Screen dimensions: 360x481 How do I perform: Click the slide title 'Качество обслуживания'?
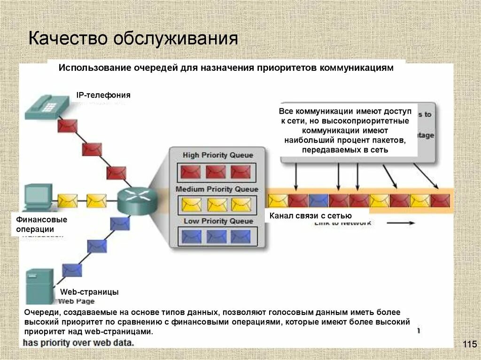click(x=132, y=38)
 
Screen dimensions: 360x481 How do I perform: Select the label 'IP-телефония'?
click(x=103, y=95)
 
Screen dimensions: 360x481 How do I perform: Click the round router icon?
click(x=137, y=200)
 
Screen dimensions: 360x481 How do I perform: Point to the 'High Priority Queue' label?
click(x=217, y=155)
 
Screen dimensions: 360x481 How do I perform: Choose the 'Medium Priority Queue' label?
click(x=217, y=189)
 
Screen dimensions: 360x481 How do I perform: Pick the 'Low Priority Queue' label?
click(x=218, y=221)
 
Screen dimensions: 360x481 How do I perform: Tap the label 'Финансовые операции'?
click(x=42, y=224)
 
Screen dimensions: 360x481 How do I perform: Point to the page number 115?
click(x=469, y=345)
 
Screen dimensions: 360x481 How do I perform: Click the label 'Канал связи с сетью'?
click(x=310, y=216)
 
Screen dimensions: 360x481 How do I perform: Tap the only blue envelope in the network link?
click(x=318, y=200)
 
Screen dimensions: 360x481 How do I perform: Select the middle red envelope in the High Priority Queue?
click(x=216, y=172)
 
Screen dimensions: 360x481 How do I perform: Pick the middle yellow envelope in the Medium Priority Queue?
click(x=217, y=204)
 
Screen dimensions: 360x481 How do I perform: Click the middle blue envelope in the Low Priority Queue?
click(x=217, y=236)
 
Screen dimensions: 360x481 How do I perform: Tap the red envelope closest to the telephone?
click(x=68, y=126)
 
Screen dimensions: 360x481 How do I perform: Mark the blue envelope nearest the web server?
click(x=72, y=270)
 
